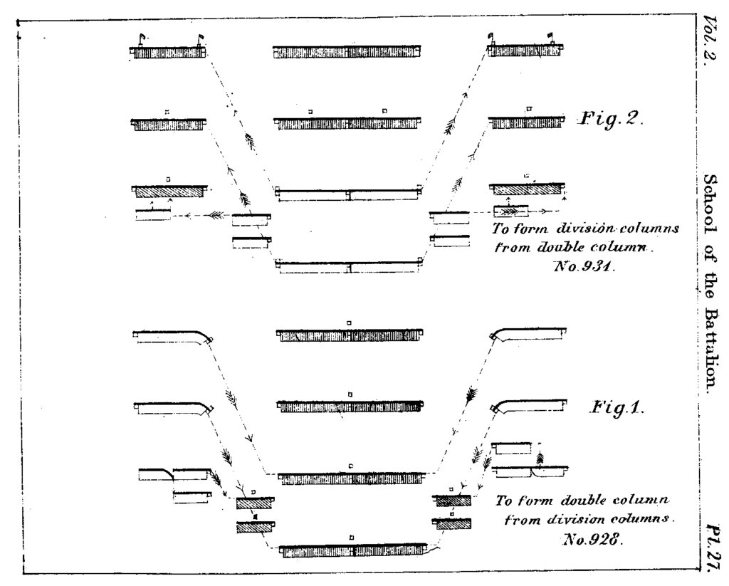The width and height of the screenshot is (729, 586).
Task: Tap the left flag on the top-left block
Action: coord(141,37)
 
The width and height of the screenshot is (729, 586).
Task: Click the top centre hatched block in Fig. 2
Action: coord(347,52)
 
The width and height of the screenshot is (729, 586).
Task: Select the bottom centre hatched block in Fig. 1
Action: coord(352,551)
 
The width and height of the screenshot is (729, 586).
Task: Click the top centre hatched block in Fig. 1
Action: coord(349,335)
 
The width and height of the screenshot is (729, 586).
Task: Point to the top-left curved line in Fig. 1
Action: coord(174,334)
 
